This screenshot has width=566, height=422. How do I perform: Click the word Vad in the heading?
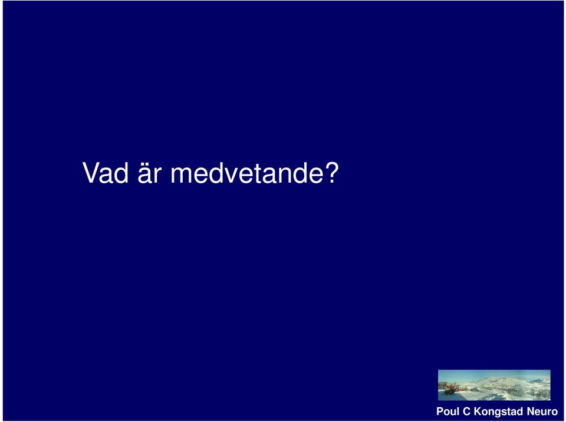106,173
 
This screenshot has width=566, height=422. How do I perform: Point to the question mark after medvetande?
332,173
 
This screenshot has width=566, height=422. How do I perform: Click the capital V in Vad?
91,173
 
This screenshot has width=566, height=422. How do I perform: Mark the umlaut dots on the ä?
145,164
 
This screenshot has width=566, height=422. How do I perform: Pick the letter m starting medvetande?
182,176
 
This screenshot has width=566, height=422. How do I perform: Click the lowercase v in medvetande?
231,176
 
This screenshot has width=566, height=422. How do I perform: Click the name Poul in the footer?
448,411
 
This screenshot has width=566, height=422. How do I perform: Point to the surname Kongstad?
498,412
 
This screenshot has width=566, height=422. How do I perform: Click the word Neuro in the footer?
542,411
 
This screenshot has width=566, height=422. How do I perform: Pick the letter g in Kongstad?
498,413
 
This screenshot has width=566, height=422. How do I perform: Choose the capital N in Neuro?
530,411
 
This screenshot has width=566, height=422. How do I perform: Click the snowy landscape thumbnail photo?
494,385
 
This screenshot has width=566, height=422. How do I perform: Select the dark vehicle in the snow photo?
449,391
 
